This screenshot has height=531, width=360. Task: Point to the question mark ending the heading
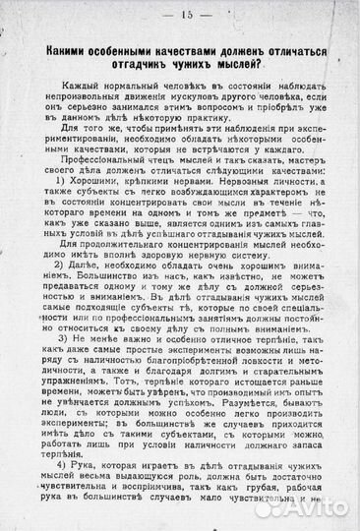pyautogui.click(x=263, y=66)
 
